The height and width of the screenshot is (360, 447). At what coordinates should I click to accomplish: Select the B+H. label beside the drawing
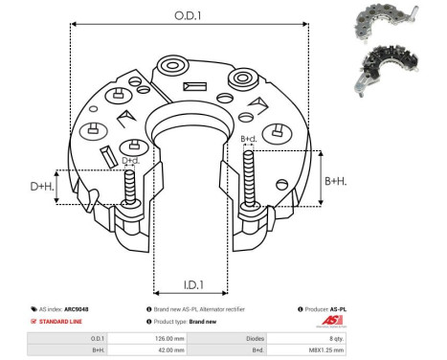pos(336,180)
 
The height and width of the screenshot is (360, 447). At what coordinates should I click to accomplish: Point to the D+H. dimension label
pos(41,186)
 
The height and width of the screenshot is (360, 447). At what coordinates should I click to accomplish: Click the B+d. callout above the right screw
pos(248,140)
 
